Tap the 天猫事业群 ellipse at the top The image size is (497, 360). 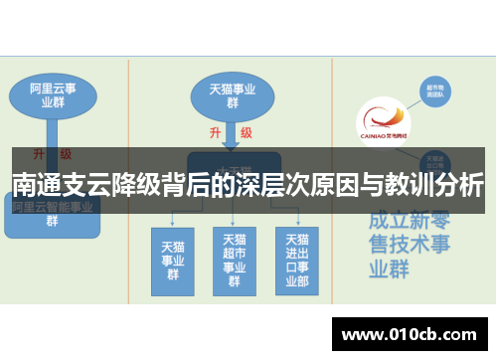pos(232,94)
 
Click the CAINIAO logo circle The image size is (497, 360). pos(383,124)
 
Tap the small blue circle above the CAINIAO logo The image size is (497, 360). pos(433,91)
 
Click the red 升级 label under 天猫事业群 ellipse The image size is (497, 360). pos(230,132)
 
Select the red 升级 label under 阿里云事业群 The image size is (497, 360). pos(52,154)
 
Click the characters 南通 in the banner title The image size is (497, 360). pos(35,185)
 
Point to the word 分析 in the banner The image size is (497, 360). pos(460,185)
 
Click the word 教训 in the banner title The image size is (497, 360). pos(390,185)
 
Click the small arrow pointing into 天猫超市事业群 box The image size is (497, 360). pos(233,218)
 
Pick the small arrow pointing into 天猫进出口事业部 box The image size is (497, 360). pos(296,218)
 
